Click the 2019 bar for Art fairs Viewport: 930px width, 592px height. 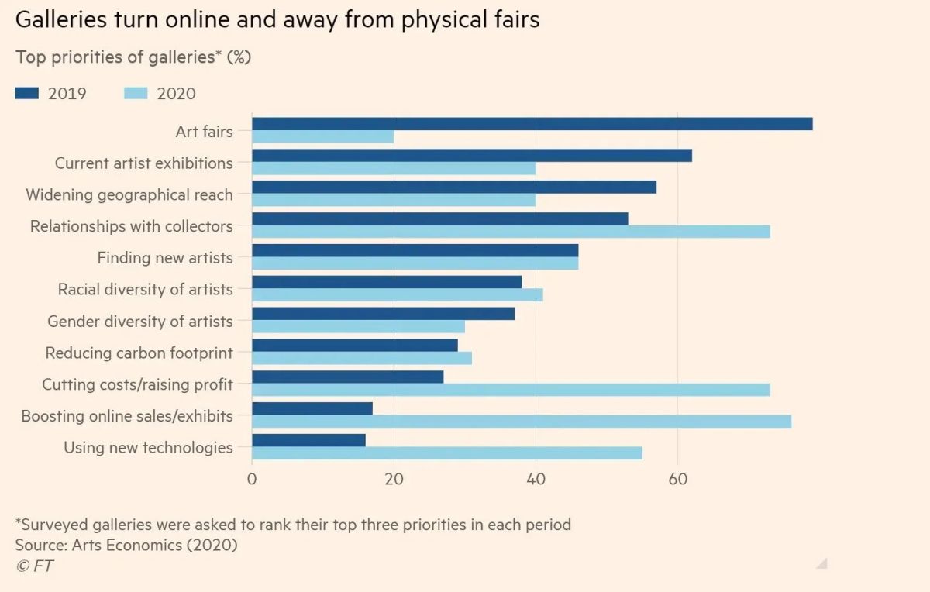click(x=532, y=124)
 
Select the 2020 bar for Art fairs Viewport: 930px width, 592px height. click(x=323, y=136)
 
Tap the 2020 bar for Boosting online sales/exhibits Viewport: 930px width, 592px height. click(x=522, y=422)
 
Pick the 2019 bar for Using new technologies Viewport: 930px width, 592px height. click(x=309, y=440)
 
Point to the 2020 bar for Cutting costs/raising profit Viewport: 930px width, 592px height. click(x=511, y=390)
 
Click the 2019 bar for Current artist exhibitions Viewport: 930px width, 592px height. click(x=472, y=156)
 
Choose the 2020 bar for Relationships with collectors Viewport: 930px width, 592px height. click(x=511, y=232)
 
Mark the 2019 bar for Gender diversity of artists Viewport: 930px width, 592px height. click(x=383, y=314)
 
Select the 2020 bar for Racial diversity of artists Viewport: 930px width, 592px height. click(x=398, y=294)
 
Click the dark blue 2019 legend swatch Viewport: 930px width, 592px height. click(x=27, y=94)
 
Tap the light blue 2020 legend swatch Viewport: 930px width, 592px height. click(x=136, y=94)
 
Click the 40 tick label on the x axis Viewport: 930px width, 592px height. click(x=536, y=479)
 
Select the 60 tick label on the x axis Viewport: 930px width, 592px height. click(x=677, y=479)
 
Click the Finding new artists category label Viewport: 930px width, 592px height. click(x=165, y=258)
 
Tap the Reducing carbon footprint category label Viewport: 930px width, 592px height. click(x=139, y=353)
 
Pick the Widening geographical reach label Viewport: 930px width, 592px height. click(x=129, y=194)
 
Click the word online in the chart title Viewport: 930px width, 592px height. click(x=197, y=19)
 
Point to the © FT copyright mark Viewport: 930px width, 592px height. click(x=35, y=566)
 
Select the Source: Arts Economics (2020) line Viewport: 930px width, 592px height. click(x=126, y=545)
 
